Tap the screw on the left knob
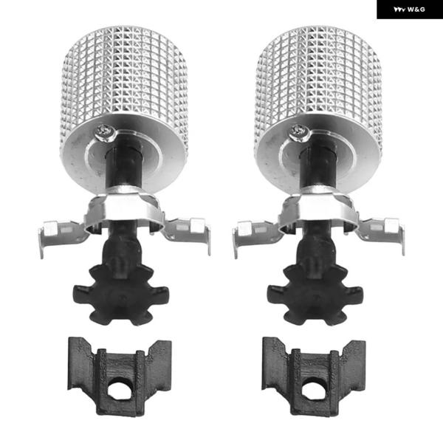tap(105, 132)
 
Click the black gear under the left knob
tap(121, 295)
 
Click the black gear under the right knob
tap(315, 295)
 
